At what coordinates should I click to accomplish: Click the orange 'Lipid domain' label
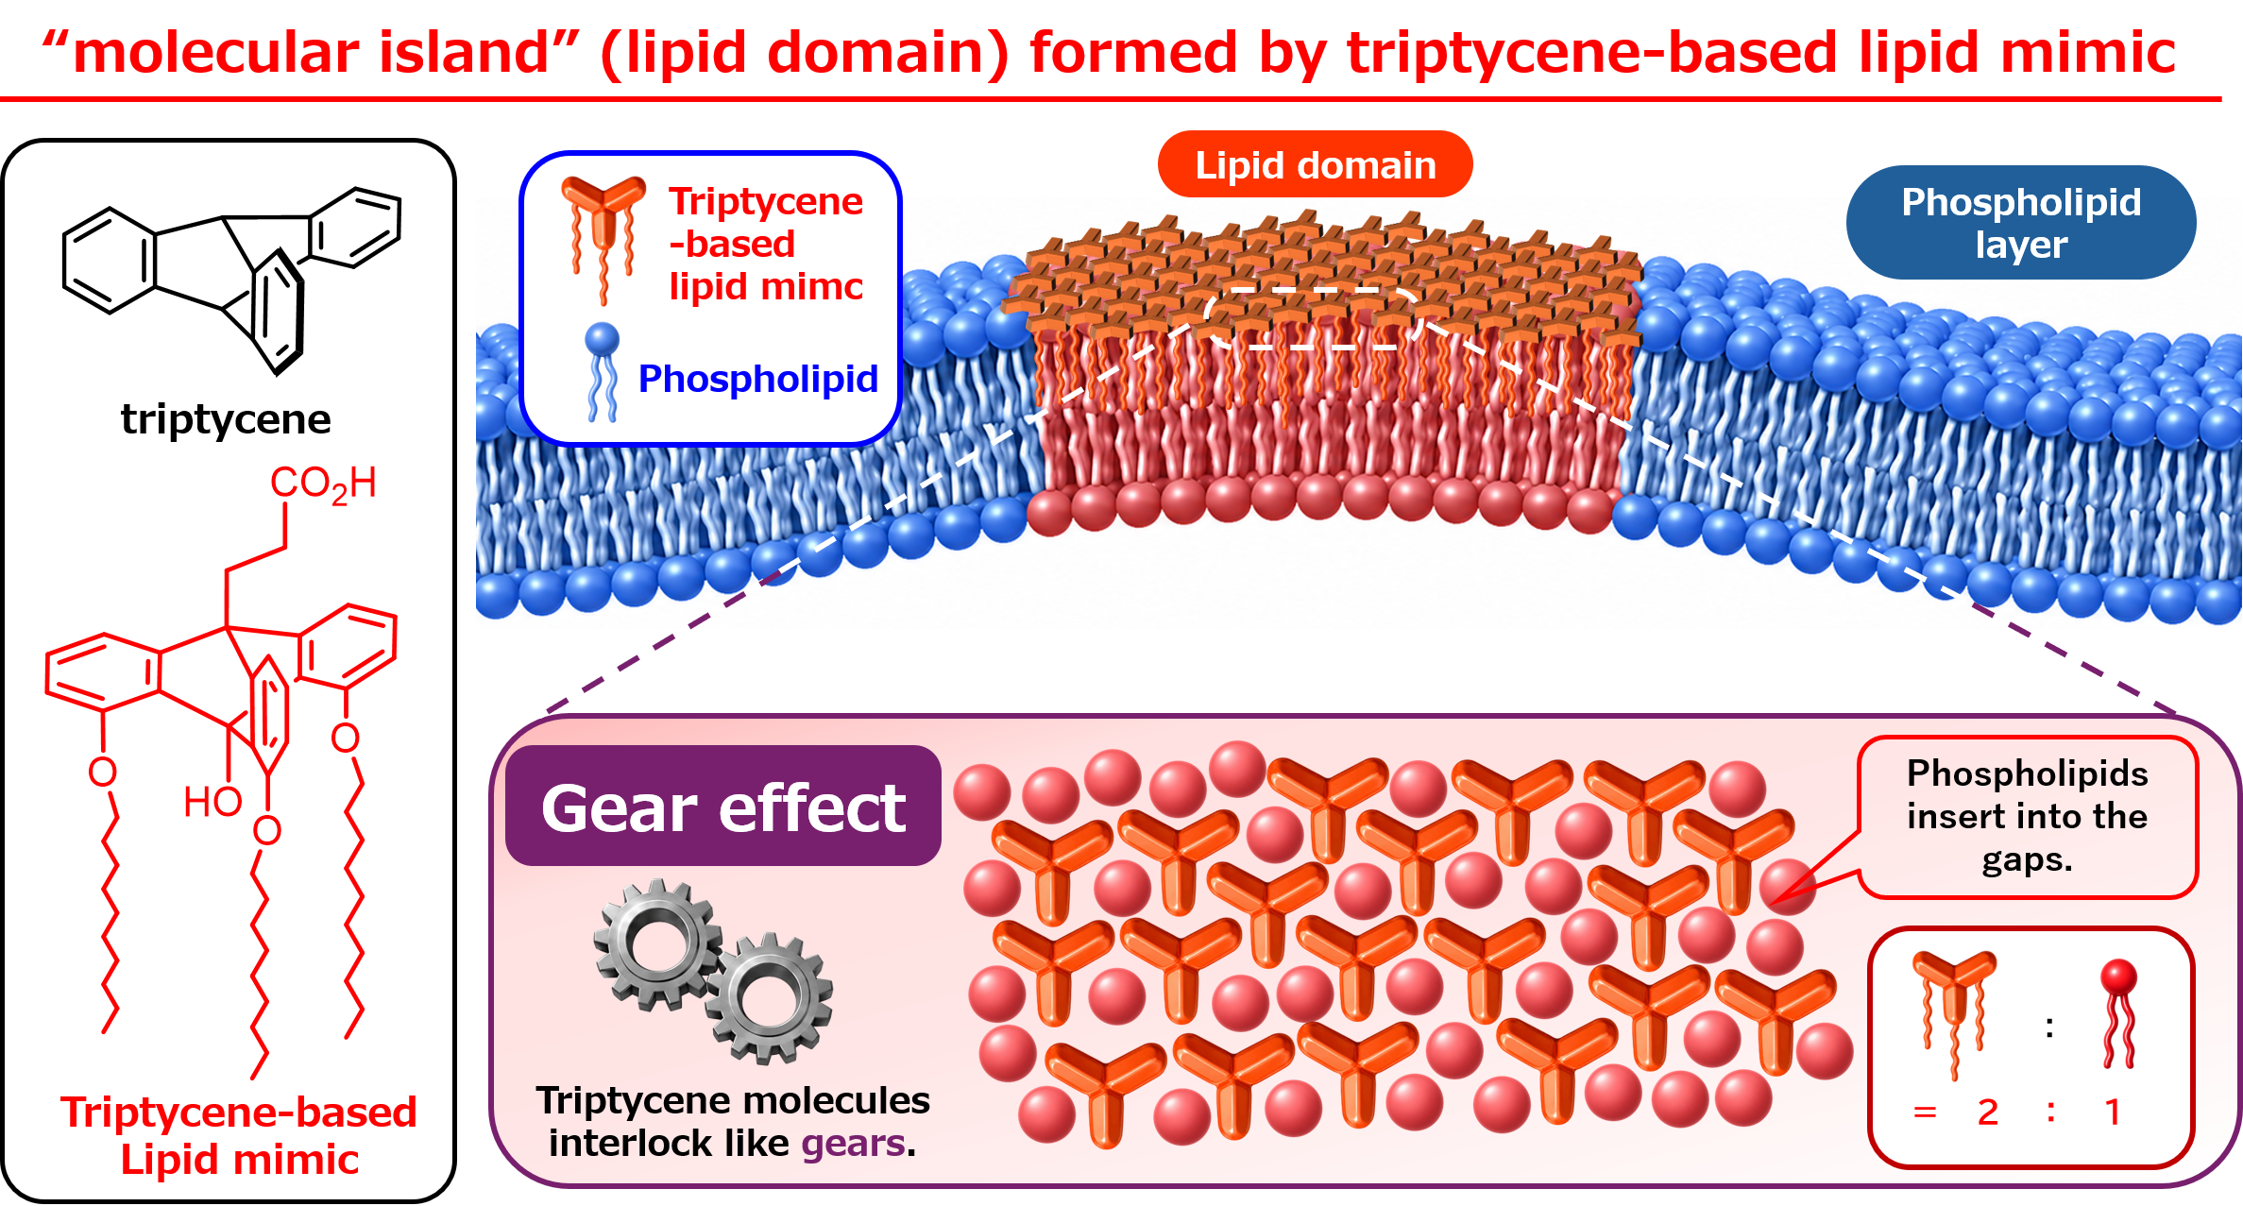[x=1315, y=164]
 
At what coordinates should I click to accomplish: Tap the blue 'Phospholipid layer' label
[x=2020, y=223]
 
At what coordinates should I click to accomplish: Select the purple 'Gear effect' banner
[x=723, y=807]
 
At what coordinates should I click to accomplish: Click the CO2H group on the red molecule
[x=323, y=484]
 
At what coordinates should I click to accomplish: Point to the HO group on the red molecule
[x=212, y=802]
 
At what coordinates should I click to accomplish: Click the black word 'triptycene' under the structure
[x=226, y=418]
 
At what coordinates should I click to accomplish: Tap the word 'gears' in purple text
[x=853, y=1144]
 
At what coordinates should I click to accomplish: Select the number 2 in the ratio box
[x=1987, y=1113]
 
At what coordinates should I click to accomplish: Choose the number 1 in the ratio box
[x=2113, y=1113]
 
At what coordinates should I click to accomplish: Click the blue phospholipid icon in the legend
[x=602, y=372]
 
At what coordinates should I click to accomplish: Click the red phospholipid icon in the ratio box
[x=2118, y=1012]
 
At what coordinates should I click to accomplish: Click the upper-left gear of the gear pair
[x=658, y=944]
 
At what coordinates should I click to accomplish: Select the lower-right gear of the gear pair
[x=769, y=998]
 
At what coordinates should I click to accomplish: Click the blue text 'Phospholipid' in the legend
[x=758, y=379]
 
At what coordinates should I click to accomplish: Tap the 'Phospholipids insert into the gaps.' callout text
[x=2028, y=816]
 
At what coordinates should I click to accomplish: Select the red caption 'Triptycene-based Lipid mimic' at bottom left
[x=239, y=1136]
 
